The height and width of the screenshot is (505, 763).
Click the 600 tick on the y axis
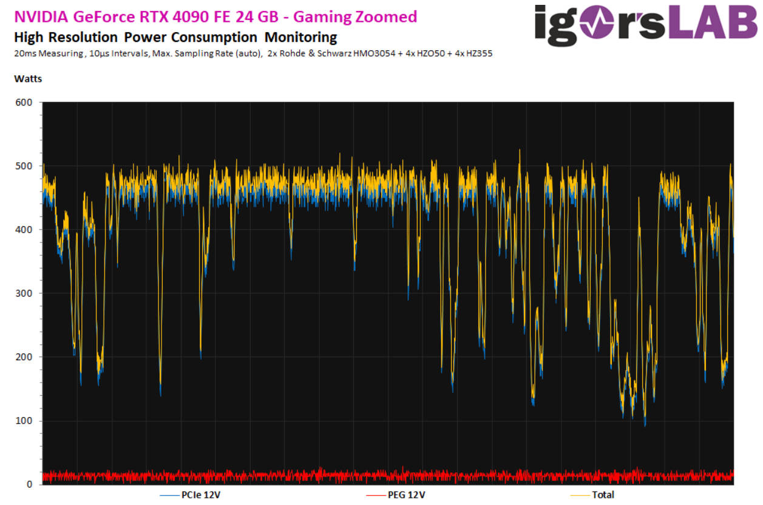[24, 102]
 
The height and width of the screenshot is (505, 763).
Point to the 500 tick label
[24, 166]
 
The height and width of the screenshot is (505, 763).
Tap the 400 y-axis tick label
[24, 230]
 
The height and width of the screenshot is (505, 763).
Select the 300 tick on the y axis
[24, 293]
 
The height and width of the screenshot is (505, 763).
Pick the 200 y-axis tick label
[24, 357]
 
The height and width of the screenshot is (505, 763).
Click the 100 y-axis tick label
[24, 421]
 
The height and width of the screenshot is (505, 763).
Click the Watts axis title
[28, 79]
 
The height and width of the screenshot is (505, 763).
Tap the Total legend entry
[603, 495]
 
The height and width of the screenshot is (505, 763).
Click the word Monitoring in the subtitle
[300, 37]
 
